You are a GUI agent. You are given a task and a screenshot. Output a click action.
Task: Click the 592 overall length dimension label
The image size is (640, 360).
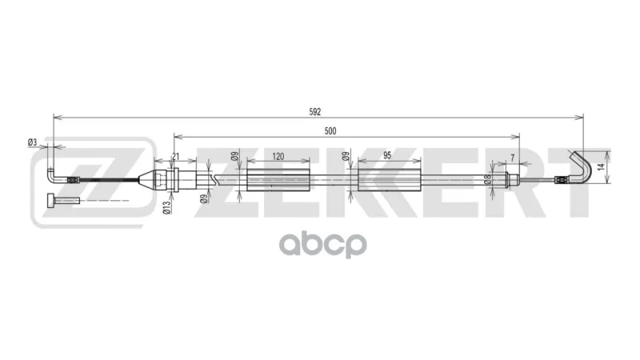tap(314, 112)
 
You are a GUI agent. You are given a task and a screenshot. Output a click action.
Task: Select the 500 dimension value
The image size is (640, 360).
tap(330, 131)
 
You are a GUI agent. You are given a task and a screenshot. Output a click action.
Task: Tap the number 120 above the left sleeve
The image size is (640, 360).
tap(278, 156)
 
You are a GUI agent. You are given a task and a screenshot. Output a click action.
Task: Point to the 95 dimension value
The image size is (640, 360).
tap(387, 155)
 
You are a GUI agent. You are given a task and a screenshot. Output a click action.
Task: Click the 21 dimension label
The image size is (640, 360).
tap(175, 156)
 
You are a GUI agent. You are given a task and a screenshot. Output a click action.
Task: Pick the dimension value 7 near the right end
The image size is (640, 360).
tap(513, 158)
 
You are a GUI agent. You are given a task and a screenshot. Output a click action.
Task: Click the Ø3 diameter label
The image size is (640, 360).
tap(32, 142)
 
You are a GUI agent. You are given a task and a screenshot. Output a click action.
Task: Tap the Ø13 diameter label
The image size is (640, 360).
tap(166, 207)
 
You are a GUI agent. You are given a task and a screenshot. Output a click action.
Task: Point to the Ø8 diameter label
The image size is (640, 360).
tap(486, 180)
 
